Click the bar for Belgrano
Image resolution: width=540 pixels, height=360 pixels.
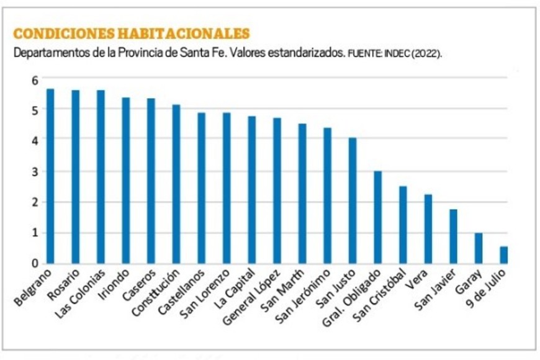(50, 176)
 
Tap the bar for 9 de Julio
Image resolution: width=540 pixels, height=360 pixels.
(504, 255)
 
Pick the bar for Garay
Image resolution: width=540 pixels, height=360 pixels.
(479, 248)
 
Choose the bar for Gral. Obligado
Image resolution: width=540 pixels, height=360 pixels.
(377, 217)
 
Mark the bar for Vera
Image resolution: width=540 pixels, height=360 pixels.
(428, 229)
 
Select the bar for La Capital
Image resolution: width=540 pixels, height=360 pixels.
(251, 190)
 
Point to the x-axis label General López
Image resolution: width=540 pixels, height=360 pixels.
(256, 295)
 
